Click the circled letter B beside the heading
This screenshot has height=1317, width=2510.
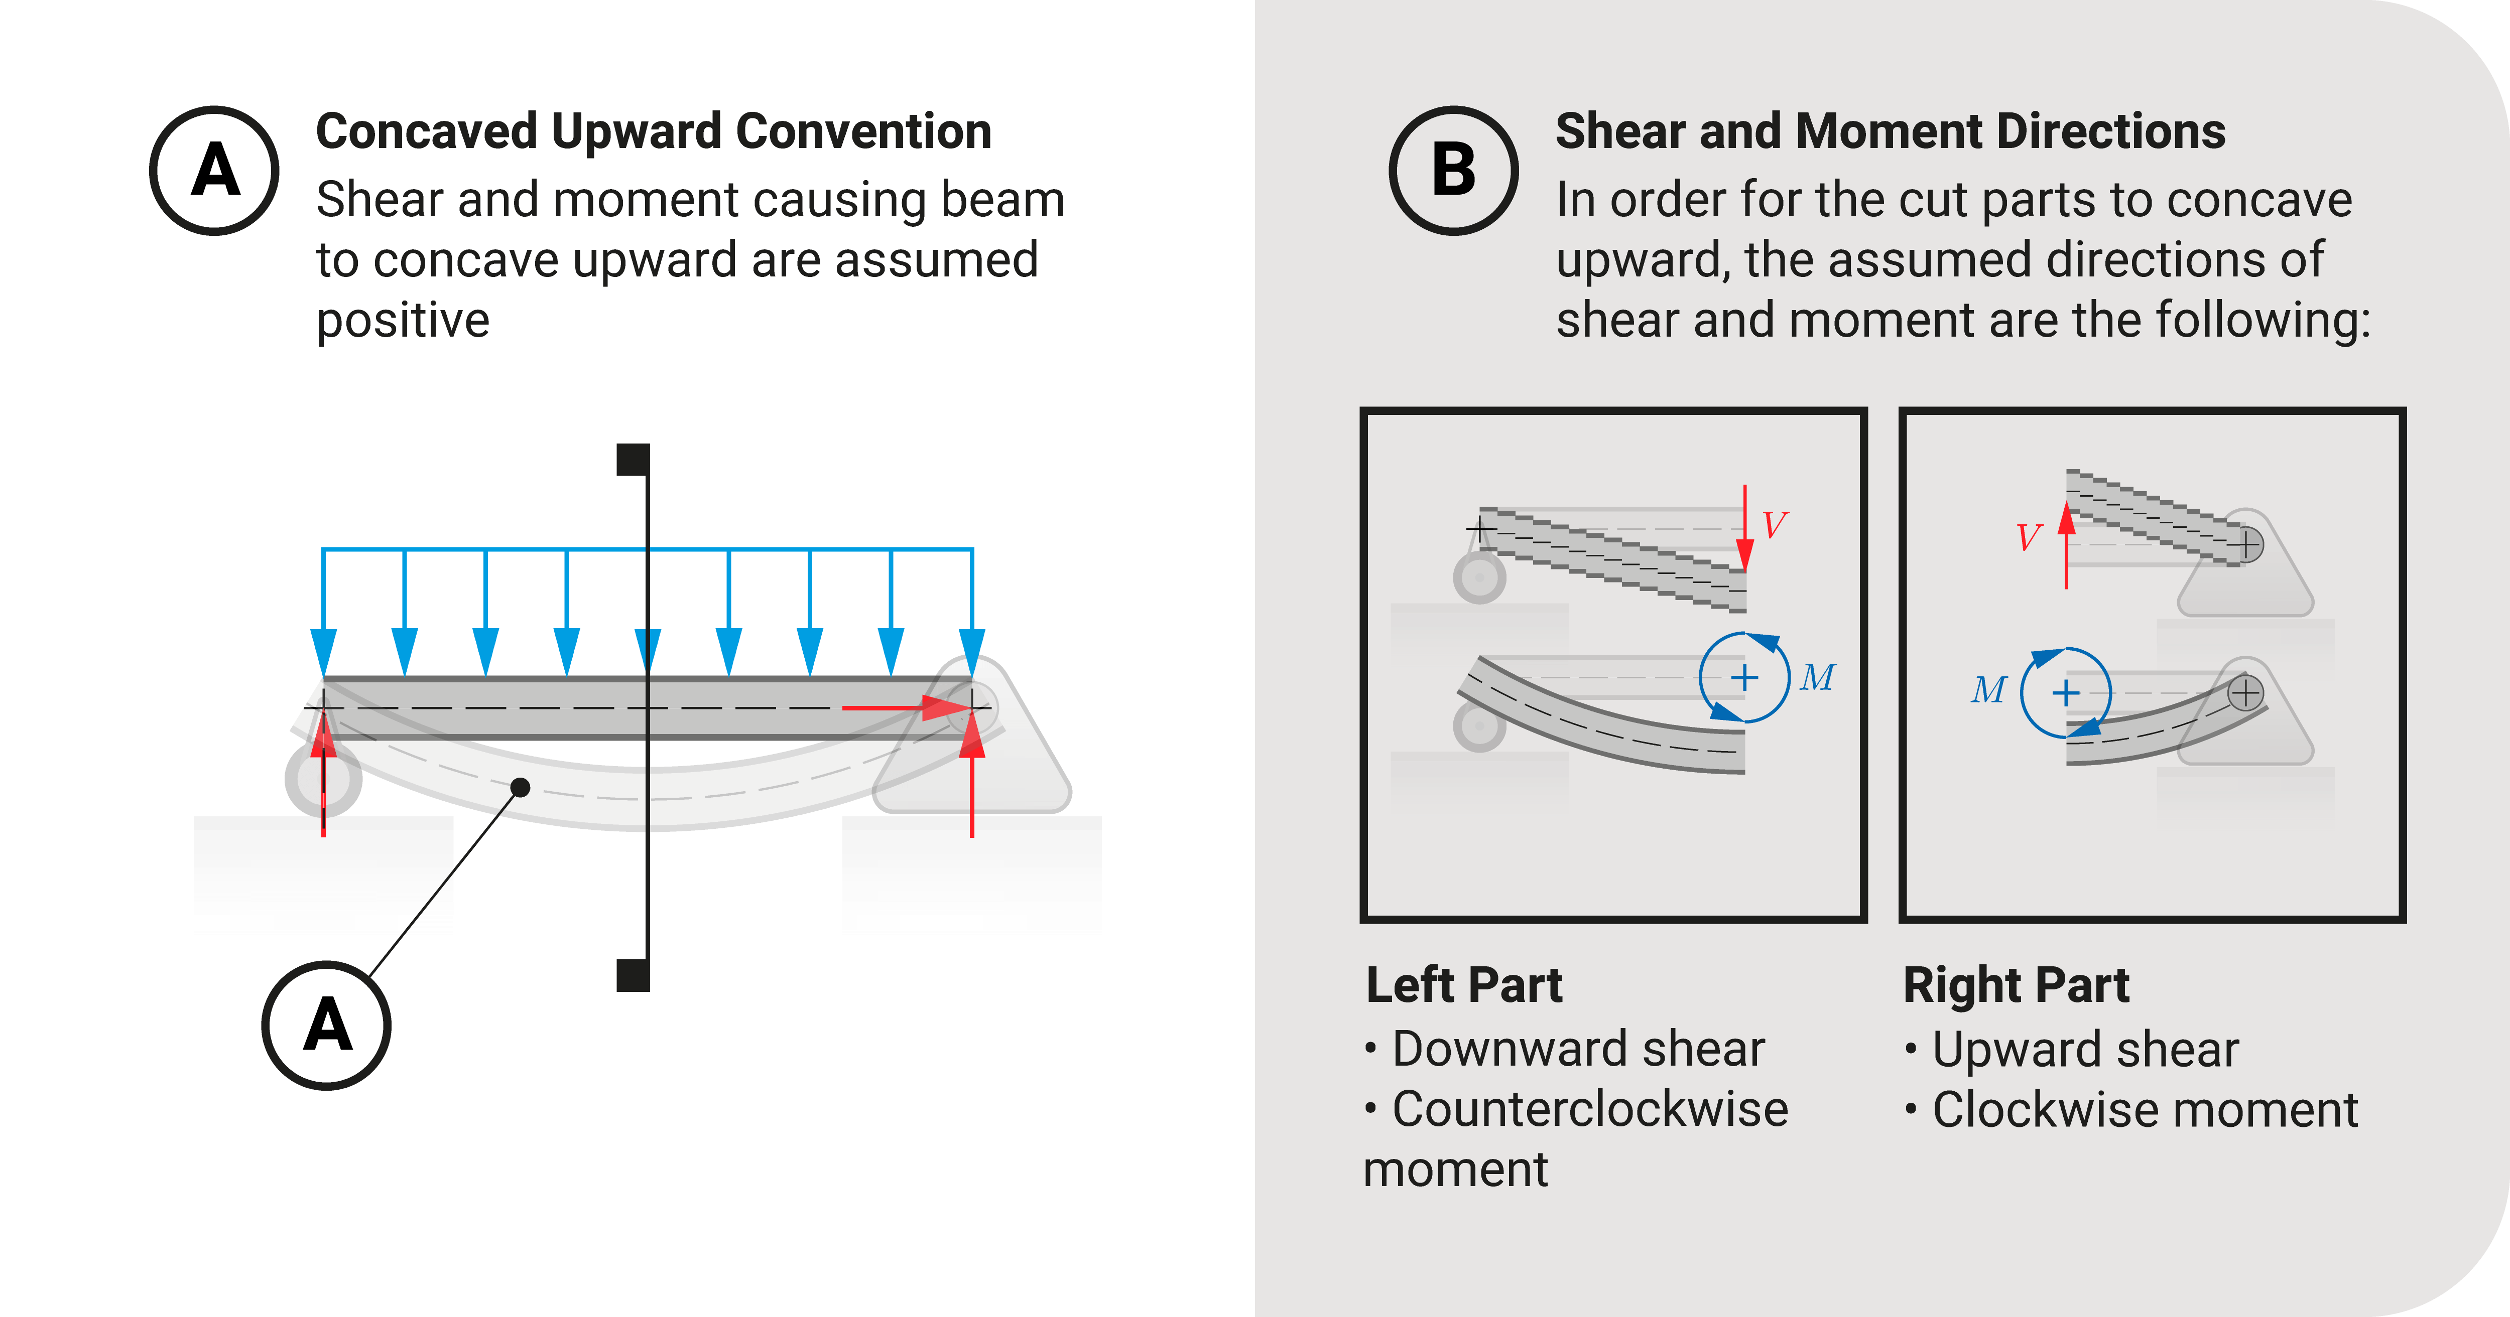tap(1453, 171)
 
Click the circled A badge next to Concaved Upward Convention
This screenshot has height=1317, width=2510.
tap(214, 171)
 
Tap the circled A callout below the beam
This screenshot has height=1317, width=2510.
tap(326, 1025)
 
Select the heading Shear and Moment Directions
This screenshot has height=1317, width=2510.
tap(1891, 131)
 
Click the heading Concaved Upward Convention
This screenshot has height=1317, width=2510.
tap(653, 131)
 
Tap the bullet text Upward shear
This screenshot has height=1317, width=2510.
tap(2085, 1049)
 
